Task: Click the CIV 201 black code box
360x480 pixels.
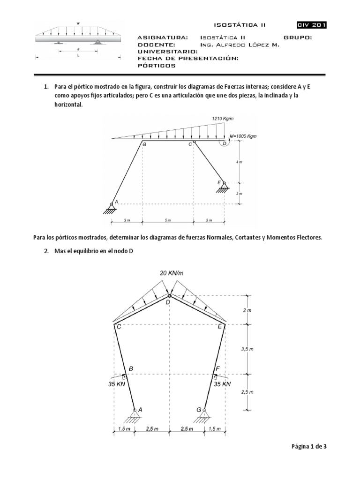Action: click(x=312, y=25)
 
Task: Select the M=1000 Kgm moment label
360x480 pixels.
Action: click(x=243, y=136)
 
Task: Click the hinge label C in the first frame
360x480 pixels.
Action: click(x=190, y=145)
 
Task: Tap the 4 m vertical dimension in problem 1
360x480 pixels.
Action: click(x=240, y=162)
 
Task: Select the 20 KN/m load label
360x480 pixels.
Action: click(x=171, y=273)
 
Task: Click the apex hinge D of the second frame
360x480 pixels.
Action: click(x=170, y=296)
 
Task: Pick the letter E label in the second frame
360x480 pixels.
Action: click(x=220, y=327)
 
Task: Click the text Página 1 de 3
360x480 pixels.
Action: click(x=307, y=447)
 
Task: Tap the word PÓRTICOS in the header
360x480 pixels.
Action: click(x=157, y=66)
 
